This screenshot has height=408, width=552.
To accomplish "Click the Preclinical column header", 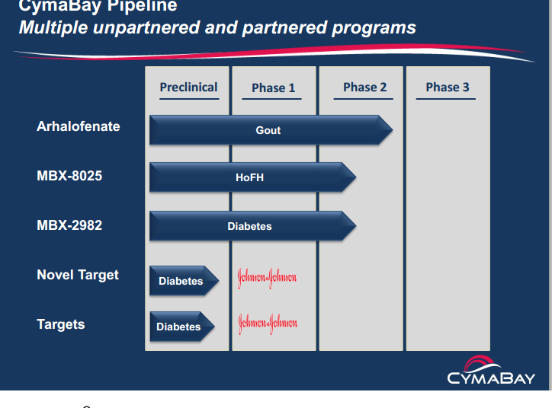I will coord(188,88).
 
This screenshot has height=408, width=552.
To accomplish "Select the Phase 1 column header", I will coord(273,88).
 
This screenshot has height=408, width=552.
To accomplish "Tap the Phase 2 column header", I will coord(364,88).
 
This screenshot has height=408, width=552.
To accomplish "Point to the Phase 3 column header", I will coord(448,88).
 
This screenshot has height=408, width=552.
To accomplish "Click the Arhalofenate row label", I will coord(79,126).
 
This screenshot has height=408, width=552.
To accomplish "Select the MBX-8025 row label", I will coord(69,176).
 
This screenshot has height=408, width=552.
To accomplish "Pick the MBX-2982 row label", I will coord(69,225).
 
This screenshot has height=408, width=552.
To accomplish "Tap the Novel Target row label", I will coord(78,275).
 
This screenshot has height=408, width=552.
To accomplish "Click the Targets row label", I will coord(61,324).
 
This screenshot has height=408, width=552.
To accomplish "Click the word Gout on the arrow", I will coord(268,130).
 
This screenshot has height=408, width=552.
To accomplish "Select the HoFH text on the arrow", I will coord(249,178).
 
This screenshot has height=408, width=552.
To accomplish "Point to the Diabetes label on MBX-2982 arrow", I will coord(249,226).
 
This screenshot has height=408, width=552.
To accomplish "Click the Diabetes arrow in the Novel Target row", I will coord(181,281).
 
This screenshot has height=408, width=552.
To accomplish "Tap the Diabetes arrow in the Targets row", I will coord(179,327).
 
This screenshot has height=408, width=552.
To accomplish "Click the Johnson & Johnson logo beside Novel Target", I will coord(267,277).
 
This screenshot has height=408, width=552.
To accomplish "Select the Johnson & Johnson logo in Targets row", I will coord(268,323).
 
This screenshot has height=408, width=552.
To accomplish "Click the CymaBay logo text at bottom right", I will coord(491,378).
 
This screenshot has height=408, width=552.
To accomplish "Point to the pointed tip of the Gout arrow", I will coord(390,130).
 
